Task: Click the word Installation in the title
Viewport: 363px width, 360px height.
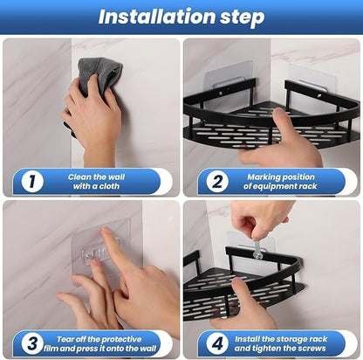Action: [x=147, y=17]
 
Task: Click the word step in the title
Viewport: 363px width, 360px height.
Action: [x=237, y=17]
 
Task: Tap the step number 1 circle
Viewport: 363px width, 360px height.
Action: [x=31, y=182]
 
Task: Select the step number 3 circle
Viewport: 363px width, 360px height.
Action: [x=31, y=343]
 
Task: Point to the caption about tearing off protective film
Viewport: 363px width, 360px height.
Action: [x=103, y=343]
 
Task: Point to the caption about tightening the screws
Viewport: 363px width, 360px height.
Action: [x=281, y=343]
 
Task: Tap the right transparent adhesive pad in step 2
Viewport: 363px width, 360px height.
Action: [x=312, y=82]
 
